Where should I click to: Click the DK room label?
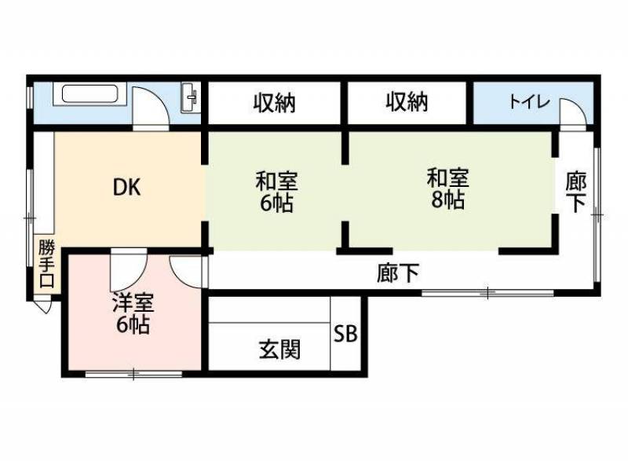click(x=127, y=187)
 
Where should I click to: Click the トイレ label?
click(x=529, y=102)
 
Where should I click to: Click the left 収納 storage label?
click(x=275, y=103)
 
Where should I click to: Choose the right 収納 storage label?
click(x=407, y=102)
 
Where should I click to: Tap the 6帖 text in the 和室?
click(x=277, y=203)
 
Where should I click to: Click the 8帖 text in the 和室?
click(x=447, y=199)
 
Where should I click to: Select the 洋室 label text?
click(x=133, y=302)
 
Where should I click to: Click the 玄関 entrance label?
click(x=279, y=349)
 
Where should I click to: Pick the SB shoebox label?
click(x=345, y=333)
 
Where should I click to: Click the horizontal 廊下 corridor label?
click(x=398, y=273)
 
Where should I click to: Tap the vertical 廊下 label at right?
click(x=576, y=192)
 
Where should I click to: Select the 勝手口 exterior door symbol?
click(x=44, y=306)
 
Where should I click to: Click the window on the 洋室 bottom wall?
click(x=133, y=374)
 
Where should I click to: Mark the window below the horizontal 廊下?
click(x=487, y=293)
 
